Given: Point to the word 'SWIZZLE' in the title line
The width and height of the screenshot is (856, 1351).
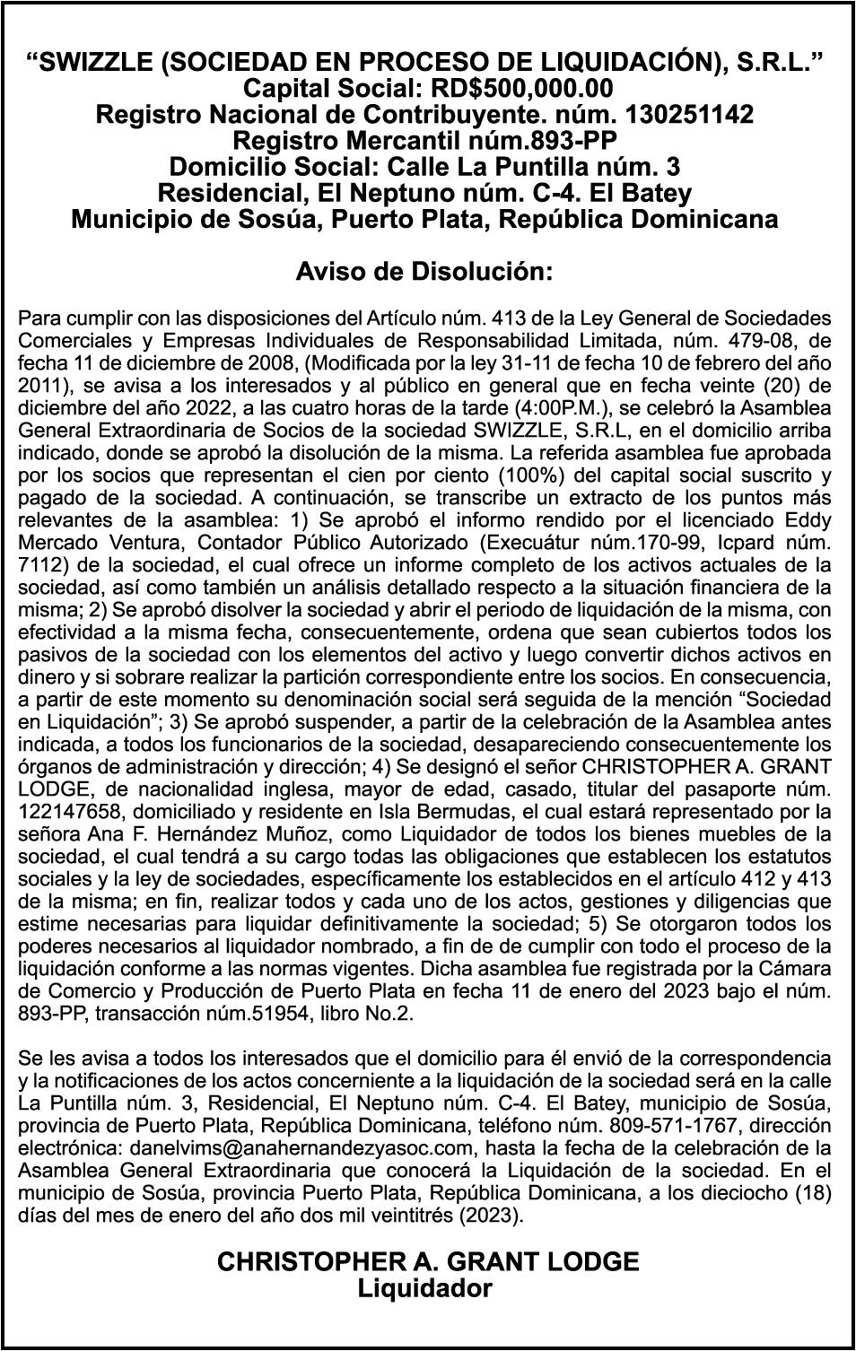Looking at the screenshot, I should tap(103, 62).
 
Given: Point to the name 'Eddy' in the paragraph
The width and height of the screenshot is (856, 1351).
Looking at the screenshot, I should tap(808, 520).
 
